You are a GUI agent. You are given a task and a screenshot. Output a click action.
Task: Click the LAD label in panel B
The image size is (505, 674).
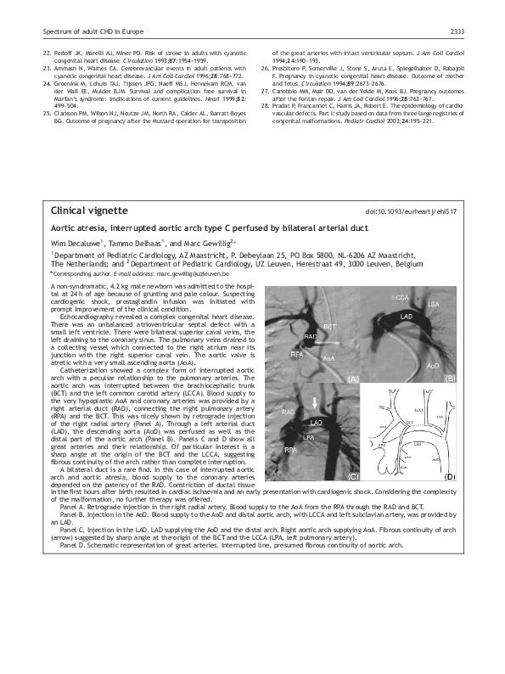pos(407,317)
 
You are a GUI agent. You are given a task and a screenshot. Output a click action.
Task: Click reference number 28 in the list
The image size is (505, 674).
pos(265,104)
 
